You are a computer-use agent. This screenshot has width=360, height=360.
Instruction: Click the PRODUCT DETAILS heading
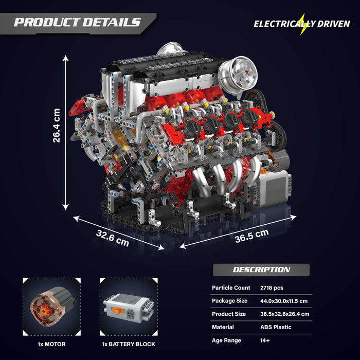tap(77, 22)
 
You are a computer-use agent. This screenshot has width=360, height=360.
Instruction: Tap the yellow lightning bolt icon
tap(303, 24)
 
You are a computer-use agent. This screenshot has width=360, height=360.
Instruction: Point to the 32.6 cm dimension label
tap(112, 237)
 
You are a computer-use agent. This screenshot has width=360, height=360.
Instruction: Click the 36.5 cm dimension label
tap(251, 235)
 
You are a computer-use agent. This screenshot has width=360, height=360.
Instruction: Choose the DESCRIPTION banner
tap(261, 269)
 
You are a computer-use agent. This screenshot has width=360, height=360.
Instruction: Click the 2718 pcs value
tap(272, 288)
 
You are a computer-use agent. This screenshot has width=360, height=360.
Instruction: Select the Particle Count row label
tap(231, 288)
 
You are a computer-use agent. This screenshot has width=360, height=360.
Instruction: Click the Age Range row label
tap(227, 340)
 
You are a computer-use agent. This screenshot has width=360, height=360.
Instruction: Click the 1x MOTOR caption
tap(51, 344)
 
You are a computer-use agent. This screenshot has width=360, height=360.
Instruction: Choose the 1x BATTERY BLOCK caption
tap(129, 344)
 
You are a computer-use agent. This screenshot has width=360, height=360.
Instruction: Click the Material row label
tap(223, 327)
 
